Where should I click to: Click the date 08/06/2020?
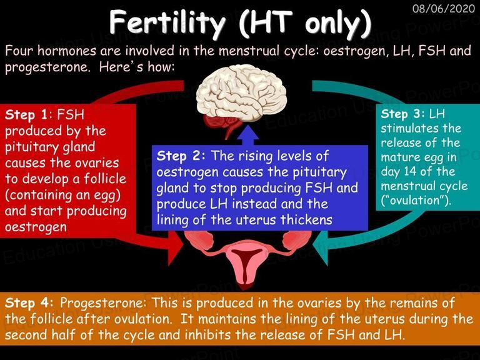(443, 8)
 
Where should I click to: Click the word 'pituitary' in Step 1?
(31, 147)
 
